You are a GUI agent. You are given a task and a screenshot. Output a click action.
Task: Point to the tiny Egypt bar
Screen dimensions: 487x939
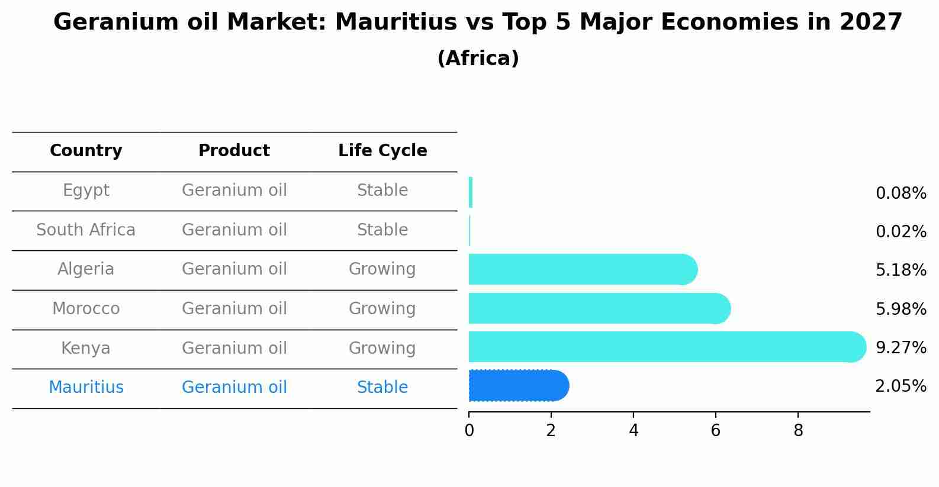point(471,192)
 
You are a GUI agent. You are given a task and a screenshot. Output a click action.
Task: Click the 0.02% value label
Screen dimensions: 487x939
point(901,232)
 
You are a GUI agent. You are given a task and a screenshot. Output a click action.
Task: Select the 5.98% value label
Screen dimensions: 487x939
point(901,309)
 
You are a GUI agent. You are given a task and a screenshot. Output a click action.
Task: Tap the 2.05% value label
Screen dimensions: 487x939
point(901,386)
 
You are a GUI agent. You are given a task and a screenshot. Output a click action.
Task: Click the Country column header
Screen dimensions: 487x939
point(86,151)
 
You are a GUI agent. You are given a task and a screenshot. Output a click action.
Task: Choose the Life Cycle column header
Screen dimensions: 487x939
point(382,151)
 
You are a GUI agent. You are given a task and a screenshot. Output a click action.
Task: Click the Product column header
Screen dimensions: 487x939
point(234,151)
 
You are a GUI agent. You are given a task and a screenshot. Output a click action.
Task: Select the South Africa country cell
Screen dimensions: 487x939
point(86,230)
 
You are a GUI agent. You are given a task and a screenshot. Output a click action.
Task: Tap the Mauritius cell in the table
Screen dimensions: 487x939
point(86,388)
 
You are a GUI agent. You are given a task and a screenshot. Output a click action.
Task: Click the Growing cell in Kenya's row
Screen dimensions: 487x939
point(382,348)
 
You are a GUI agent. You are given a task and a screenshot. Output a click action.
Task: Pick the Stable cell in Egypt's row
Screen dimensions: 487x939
point(382,191)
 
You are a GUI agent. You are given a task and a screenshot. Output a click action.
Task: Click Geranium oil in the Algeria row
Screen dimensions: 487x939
point(234,269)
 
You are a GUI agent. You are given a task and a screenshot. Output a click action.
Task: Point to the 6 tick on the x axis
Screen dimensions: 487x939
point(715,431)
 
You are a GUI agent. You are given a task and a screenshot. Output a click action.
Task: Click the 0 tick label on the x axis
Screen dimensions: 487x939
point(469,431)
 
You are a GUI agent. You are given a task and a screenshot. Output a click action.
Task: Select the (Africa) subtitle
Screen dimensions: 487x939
point(478,59)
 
